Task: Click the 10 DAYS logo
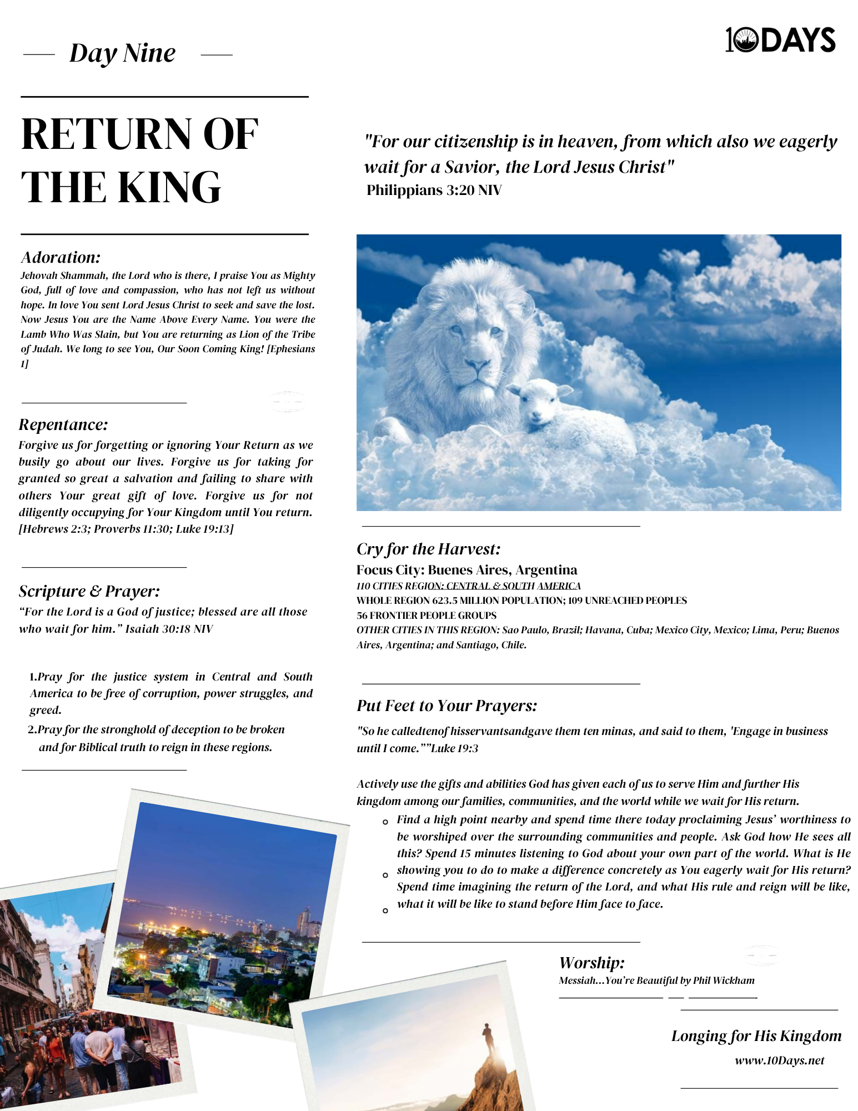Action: [780, 40]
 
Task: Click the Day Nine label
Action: [122, 54]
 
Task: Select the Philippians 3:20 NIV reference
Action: [434, 191]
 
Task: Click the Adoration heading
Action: [61, 257]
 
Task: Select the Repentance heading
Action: [63, 424]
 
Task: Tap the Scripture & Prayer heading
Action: [89, 591]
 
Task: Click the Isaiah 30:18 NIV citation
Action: [169, 629]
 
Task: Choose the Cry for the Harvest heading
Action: [428, 549]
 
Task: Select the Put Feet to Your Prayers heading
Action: [446, 705]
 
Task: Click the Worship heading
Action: [591, 963]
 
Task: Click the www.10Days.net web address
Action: [779, 1060]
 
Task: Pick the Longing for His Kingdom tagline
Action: [756, 1036]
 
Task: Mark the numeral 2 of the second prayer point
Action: [32, 729]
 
